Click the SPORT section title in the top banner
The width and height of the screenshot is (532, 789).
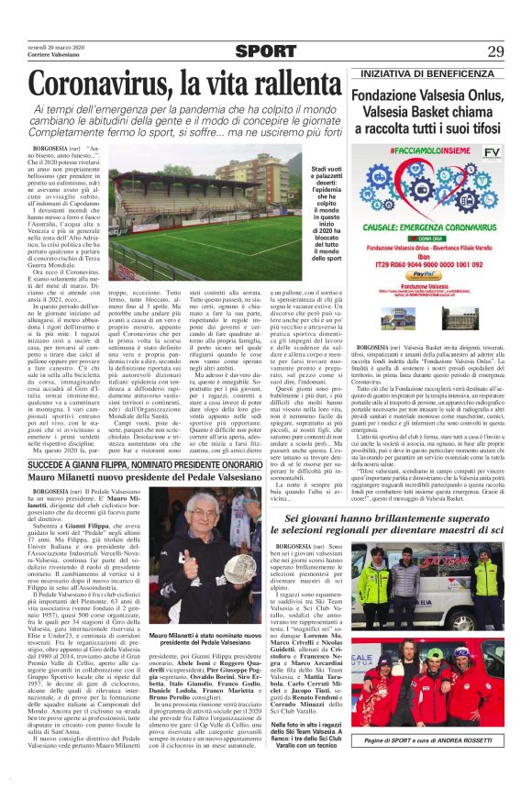click(x=265, y=50)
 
